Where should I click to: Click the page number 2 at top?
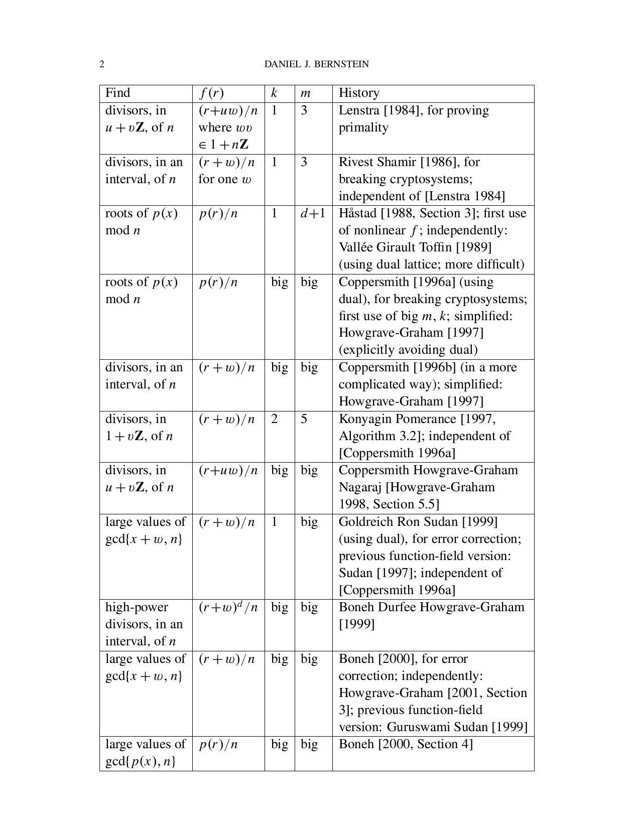(x=102, y=64)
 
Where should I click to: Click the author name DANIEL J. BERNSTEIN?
(x=316, y=64)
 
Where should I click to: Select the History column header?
(x=359, y=93)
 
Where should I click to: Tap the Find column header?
(x=117, y=93)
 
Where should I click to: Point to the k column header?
(x=274, y=93)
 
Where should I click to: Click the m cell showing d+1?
(x=313, y=213)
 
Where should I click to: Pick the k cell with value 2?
(x=274, y=419)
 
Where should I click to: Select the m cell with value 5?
(x=304, y=419)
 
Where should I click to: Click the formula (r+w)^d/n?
(x=228, y=607)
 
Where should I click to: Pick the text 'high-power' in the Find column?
(x=136, y=607)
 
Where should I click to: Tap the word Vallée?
(x=356, y=247)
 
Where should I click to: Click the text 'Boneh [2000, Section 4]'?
(x=406, y=744)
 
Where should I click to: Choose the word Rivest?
(x=354, y=162)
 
